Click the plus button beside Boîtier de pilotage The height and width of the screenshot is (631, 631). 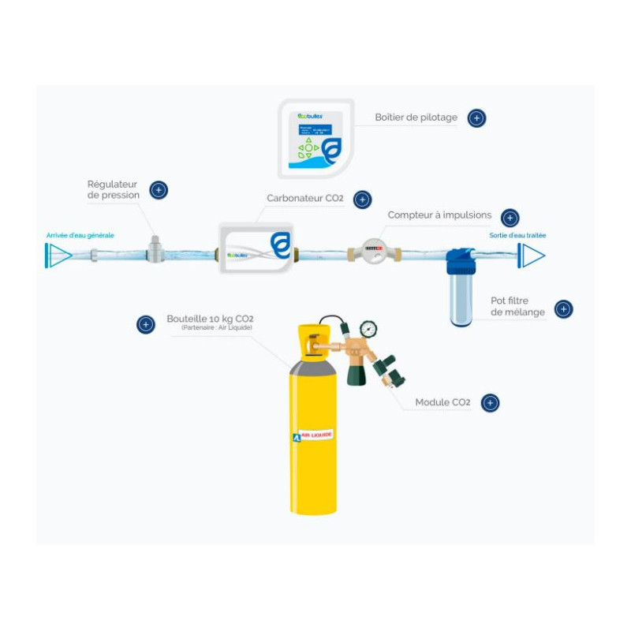click(x=476, y=118)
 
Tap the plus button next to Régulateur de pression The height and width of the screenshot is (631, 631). click(x=159, y=190)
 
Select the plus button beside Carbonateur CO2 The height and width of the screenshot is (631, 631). click(x=362, y=200)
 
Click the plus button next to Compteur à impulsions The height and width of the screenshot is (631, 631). click(x=510, y=218)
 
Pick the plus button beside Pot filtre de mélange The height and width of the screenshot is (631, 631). click(x=563, y=309)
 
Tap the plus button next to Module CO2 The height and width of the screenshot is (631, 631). click(x=490, y=403)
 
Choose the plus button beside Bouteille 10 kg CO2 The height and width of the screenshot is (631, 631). click(x=146, y=324)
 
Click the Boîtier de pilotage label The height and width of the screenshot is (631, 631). click(x=416, y=118)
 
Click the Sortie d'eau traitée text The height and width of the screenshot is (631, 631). click(x=517, y=235)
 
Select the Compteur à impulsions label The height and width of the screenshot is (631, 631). click(x=439, y=215)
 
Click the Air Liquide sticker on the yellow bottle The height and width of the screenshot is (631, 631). click(x=313, y=435)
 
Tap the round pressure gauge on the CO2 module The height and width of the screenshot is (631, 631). click(x=368, y=329)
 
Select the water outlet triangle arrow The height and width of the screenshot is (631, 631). click(x=532, y=255)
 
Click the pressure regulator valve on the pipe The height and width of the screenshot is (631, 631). click(x=155, y=250)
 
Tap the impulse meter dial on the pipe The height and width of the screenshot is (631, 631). click(x=374, y=250)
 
